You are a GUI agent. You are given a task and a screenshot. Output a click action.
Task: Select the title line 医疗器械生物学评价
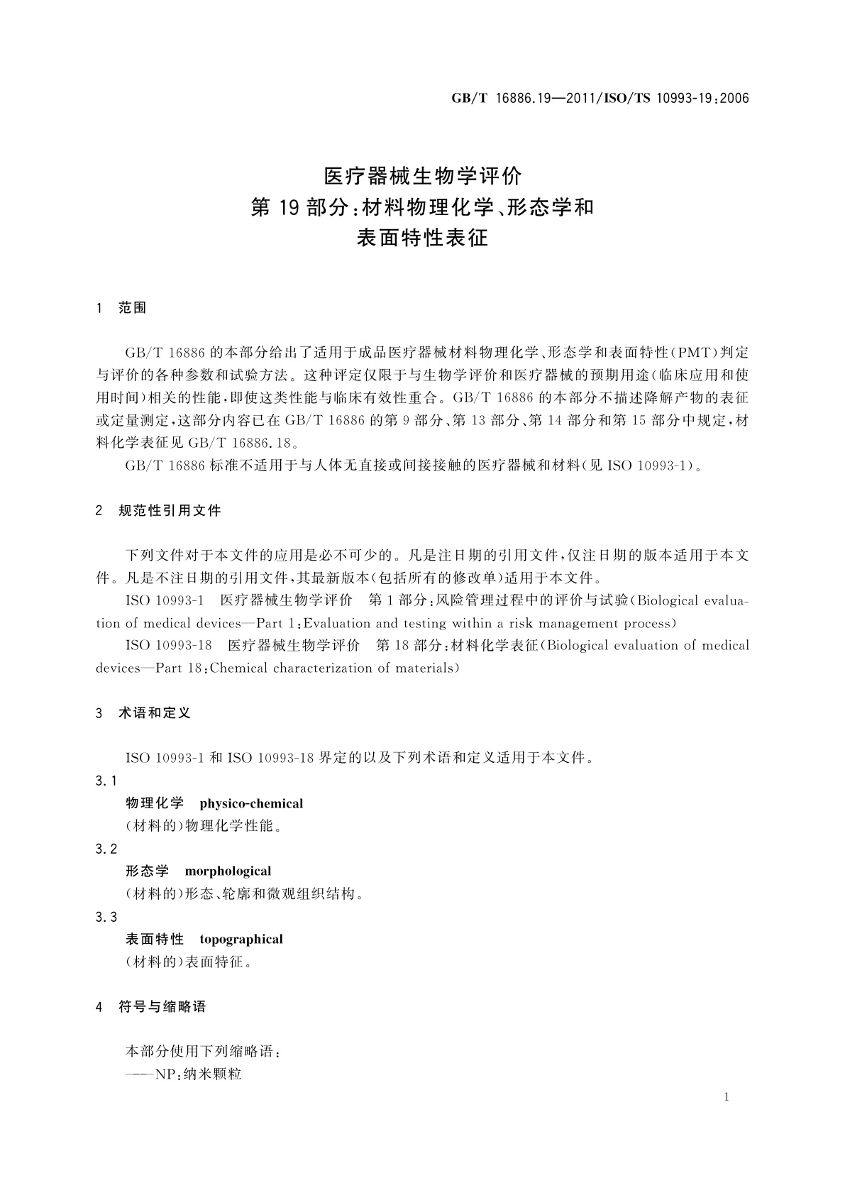point(422,175)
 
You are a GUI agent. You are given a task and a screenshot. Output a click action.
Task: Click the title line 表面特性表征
point(422,238)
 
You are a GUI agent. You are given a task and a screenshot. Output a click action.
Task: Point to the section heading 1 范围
point(121,308)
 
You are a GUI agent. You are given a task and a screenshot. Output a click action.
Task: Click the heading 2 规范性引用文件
point(158,510)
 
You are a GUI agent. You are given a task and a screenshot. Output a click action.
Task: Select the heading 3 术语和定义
point(143,713)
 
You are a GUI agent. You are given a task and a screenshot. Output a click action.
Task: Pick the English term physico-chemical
point(251,804)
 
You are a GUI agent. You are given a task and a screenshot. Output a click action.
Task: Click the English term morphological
point(228,871)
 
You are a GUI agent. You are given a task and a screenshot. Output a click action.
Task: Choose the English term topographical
point(241,940)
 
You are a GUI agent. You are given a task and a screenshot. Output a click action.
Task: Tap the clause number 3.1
point(106,781)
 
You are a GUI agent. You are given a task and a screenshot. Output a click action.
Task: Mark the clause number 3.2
point(106,849)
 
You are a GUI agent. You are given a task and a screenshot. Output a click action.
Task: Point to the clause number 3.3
point(106,918)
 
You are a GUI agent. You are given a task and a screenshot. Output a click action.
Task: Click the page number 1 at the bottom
point(727,1098)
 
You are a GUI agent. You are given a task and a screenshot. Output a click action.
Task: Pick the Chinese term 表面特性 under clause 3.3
point(155,940)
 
